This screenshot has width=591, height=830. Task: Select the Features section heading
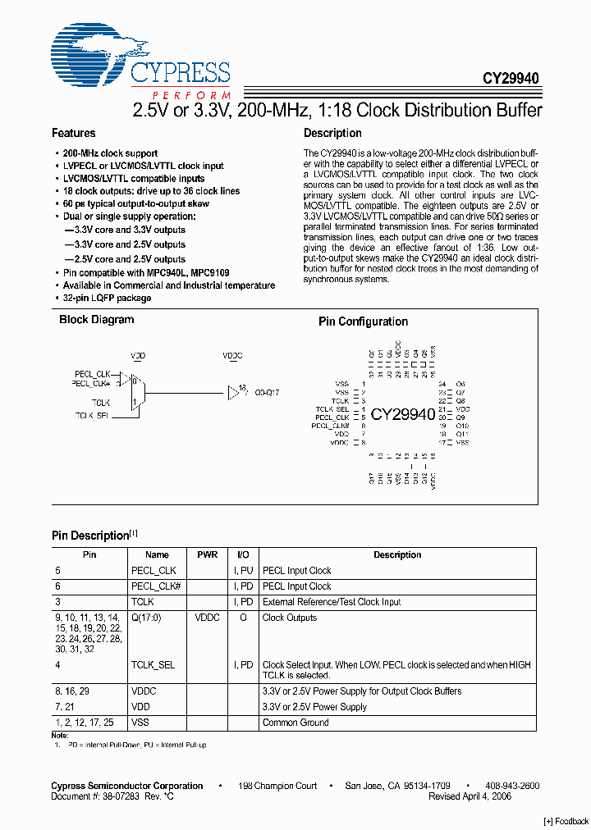click(73, 133)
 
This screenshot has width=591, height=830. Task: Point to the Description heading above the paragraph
click(332, 133)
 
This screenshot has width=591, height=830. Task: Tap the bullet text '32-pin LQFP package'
click(107, 298)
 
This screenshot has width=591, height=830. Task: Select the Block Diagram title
click(96, 320)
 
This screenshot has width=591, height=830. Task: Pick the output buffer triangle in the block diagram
click(232, 393)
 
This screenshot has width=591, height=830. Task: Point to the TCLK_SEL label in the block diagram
click(92, 416)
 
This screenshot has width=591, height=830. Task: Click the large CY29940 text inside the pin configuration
click(402, 414)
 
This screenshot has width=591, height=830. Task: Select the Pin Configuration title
click(363, 322)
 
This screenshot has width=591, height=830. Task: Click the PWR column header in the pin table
click(207, 555)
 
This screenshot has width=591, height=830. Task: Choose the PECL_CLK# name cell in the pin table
click(155, 586)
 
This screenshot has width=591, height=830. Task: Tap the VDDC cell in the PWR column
click(207, 618)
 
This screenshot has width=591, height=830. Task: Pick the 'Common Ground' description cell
click(295, 723)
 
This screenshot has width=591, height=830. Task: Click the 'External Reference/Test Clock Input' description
click(332, 602)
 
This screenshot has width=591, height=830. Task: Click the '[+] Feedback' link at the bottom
click(566, 821)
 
